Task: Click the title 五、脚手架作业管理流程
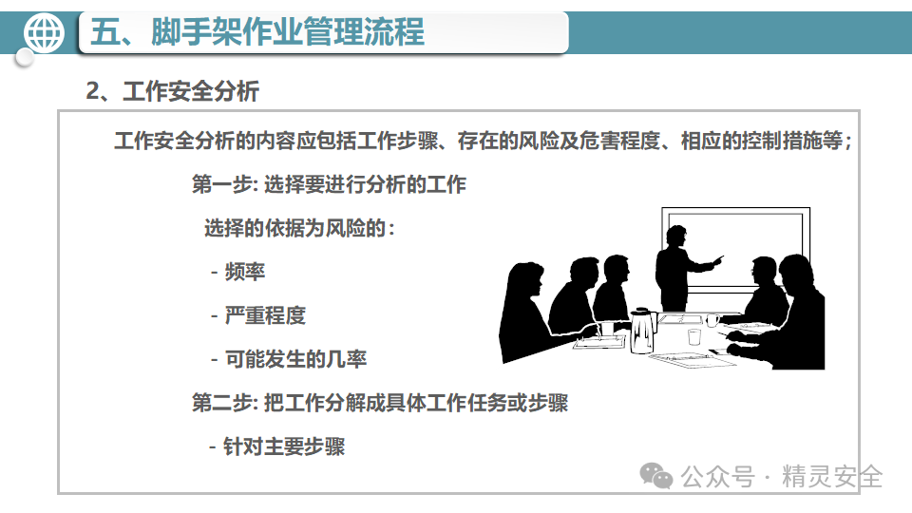[x=257, y=33]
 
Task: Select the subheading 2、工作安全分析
[x=172, y=91]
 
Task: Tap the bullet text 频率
[x=245, y=272]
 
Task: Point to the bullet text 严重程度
[x=265, y=315]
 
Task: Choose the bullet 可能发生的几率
[x=295, y=359]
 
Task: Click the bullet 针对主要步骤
[x=284, y=446]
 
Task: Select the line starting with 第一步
[x=329, y=184]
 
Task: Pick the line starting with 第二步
[x=379, y=403]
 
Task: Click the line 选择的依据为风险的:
[x=300, y=228]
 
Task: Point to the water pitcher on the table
[x=644, y=330]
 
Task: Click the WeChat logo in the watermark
[x=657, y=474]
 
